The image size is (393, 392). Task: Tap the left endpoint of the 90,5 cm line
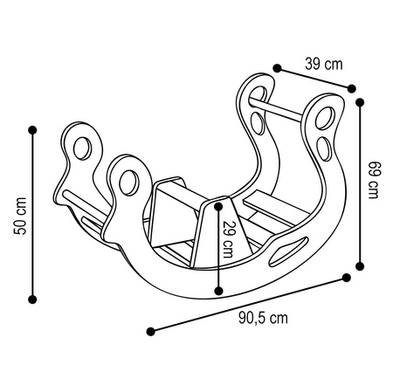click(x=151, y=331)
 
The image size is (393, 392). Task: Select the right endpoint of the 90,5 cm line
click(x=347, y=278)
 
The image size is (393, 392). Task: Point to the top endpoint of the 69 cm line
click(x=360, y=101)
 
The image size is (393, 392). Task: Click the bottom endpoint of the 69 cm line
click(x=360, y=261)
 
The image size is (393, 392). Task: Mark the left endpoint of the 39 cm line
click(x=275, y=67)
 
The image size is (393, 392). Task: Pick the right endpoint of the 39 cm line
click(x=352, y=87)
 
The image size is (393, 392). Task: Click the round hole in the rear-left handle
click(x=84, y=144)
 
